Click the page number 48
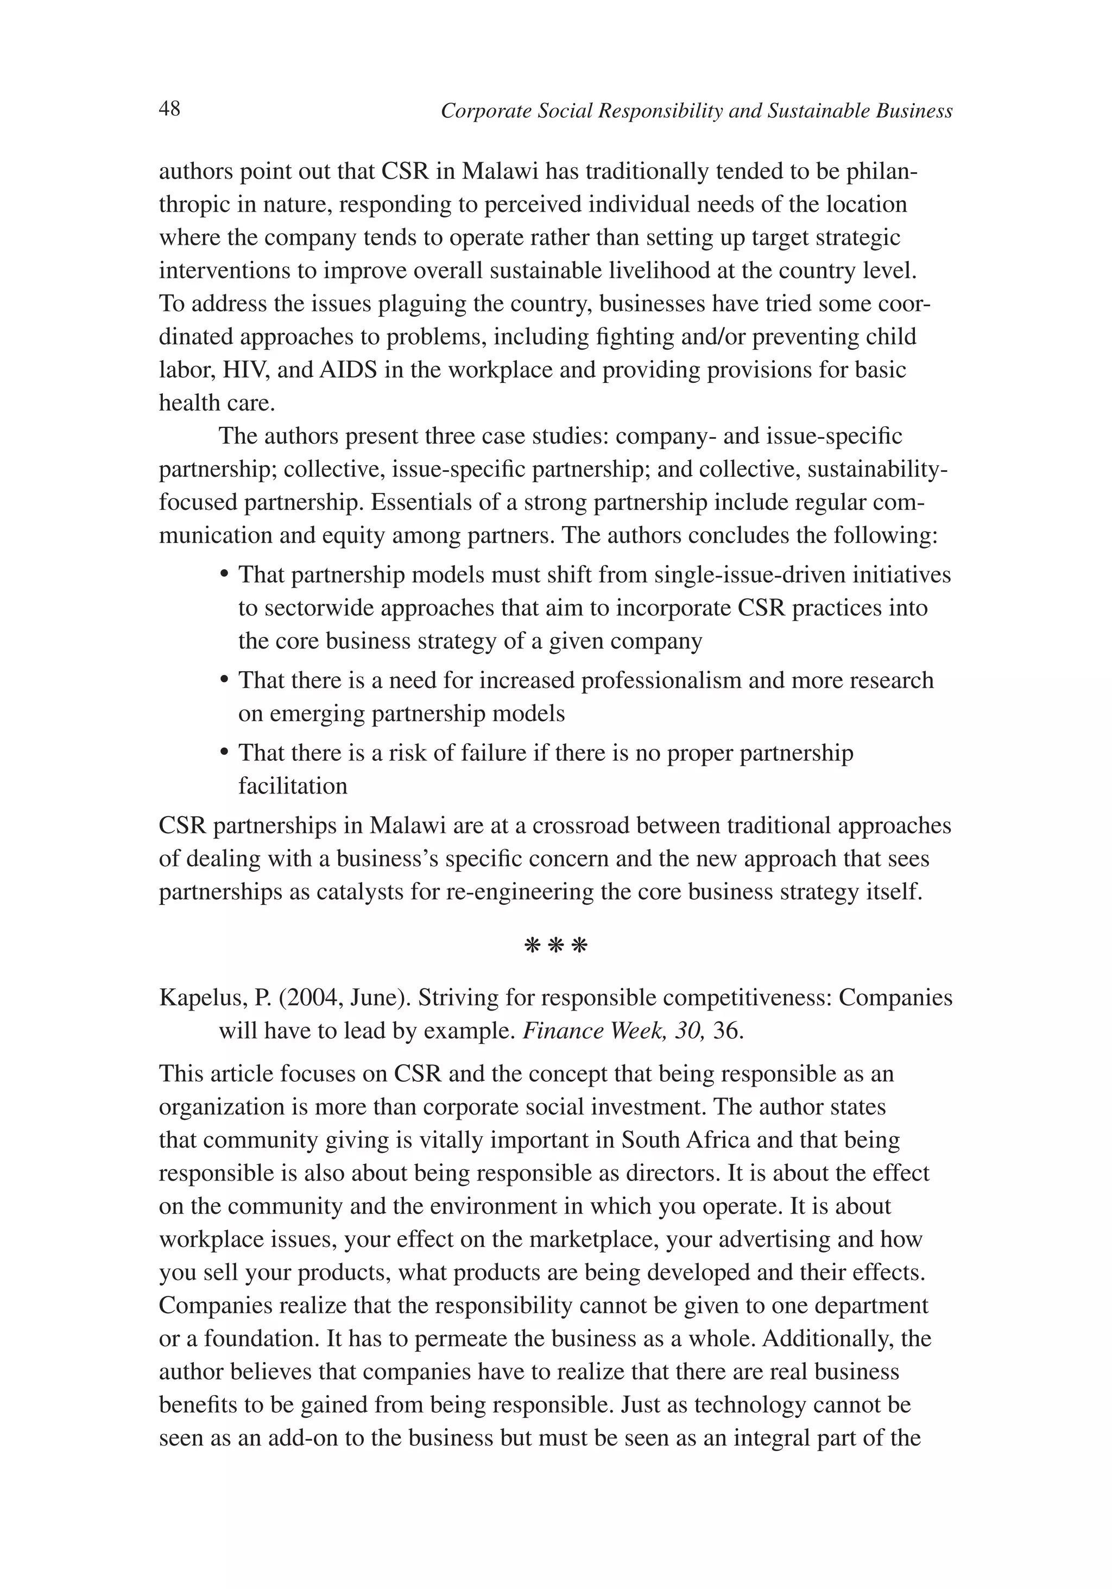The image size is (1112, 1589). pos(169,109)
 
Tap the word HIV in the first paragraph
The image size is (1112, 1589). pos(247,370)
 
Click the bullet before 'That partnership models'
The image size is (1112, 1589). pos(224,575)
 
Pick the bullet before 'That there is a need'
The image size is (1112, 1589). pos(224,680)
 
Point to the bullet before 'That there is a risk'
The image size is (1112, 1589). pos(224,753)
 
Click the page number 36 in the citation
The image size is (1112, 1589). pos(727,1031)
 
